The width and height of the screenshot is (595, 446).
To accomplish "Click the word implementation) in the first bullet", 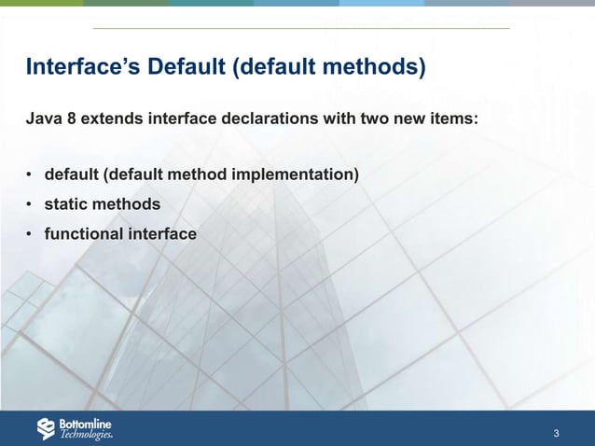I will click(300, 174).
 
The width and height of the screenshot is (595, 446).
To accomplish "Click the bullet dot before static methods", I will click(30, 204).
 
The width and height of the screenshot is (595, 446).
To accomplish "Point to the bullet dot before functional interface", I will click(30, 234).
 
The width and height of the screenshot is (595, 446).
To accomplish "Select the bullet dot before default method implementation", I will click(30, 175).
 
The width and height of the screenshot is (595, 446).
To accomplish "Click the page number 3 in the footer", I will click(556, 434).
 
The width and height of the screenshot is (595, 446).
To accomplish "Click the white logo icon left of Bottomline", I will click(47, 428).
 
